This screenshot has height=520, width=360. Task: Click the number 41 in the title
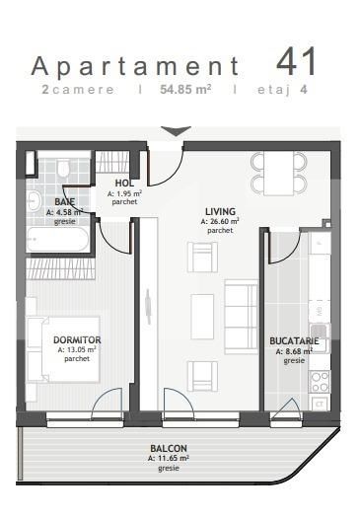click(297, 61)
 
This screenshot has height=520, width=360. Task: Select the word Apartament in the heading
click(136, 66)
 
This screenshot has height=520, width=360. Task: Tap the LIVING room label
click(220, 211)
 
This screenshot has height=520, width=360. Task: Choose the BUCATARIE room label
click(294, 341)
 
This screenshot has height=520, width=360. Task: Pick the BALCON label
click(168, 448)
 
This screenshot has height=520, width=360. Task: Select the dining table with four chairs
click(272, 174)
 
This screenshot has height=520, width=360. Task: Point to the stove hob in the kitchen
click(320, 378)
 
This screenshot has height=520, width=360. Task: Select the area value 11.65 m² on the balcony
click(168, 458)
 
